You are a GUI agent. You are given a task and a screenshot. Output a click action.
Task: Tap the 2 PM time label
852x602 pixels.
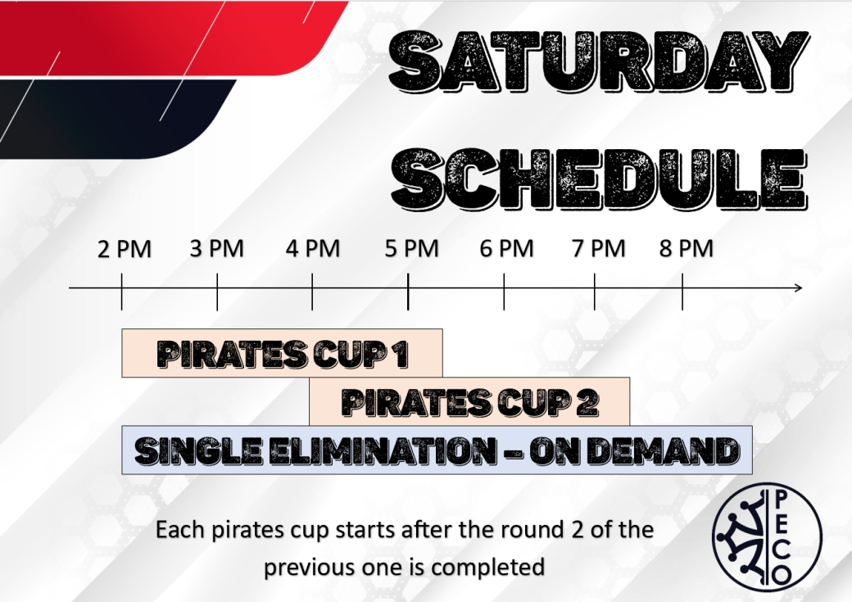125,249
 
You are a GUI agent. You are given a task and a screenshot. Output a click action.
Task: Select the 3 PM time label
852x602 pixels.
217,249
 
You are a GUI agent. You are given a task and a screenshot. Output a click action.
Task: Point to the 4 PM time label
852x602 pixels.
313,249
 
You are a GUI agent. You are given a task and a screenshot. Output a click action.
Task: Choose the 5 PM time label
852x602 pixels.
412,249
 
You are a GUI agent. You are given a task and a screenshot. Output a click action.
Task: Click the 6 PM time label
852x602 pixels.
506,249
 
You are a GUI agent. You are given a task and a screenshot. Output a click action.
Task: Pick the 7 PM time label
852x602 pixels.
599,249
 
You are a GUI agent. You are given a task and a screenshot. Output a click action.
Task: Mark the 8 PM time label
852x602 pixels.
687,249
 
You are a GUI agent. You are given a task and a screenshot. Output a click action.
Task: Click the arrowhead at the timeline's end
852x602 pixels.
799,288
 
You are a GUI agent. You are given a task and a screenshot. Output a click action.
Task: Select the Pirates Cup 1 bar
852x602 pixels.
282,353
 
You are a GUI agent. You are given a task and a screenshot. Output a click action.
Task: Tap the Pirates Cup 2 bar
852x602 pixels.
469,401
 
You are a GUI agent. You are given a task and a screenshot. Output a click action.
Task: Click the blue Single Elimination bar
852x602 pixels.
437,450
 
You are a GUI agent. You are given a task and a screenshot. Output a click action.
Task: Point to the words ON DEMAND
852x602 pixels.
636,451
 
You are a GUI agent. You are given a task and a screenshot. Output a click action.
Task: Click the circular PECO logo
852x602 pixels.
768,536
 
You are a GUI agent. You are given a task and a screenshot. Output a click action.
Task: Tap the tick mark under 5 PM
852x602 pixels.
408,292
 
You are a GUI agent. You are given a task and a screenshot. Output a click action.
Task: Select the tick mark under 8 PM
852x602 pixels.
682,292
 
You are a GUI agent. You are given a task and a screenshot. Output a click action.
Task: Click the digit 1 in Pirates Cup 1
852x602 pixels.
401,355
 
